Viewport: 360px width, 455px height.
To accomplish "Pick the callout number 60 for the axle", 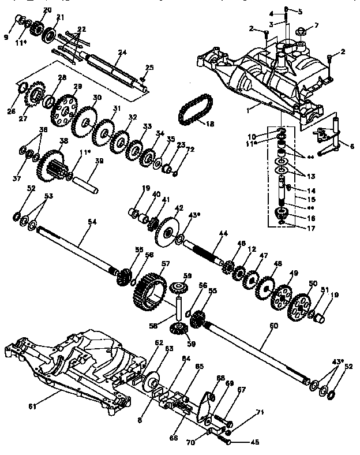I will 273,326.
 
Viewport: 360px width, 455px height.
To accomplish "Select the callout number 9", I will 6,37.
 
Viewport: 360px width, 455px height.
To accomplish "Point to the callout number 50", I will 314,283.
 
